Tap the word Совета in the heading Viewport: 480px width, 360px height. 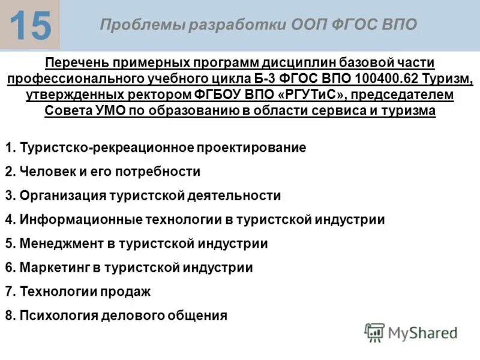64,111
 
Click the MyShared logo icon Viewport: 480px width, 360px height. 374,332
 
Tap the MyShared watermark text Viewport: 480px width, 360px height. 422,333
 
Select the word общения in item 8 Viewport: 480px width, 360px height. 201,316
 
